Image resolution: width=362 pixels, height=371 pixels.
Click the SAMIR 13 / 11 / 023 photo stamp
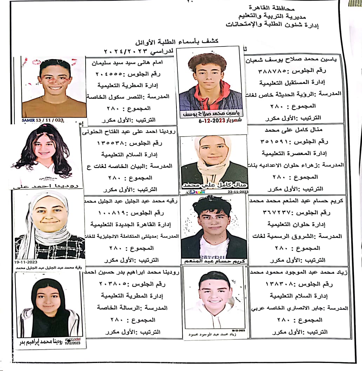[x=43, y=120]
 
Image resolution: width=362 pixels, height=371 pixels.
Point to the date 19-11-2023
[x=26, y=262]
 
